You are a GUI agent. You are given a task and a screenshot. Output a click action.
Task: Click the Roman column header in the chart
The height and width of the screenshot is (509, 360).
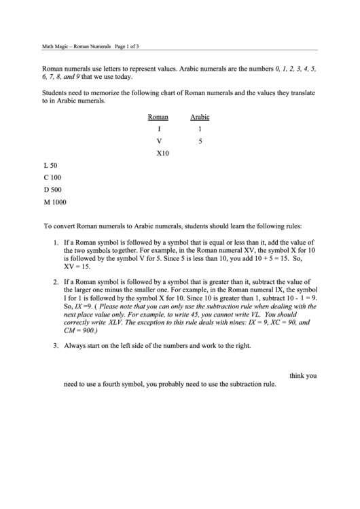point(158,117)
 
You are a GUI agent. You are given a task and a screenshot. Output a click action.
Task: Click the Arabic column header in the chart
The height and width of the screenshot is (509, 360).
point(200,117)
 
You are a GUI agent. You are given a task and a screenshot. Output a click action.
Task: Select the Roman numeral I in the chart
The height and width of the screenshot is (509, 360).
point(159,129)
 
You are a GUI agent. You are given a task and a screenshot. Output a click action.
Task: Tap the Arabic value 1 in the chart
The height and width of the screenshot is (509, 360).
point(200,129)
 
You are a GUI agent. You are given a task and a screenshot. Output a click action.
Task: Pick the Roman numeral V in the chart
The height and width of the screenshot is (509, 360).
point(159,141)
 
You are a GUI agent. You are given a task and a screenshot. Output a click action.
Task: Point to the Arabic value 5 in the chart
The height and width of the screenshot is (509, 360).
point(200,141)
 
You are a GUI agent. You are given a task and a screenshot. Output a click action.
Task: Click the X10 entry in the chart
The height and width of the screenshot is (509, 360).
point(162,154)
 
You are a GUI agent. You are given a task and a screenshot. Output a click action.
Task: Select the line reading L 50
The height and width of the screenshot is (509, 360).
point(50,166)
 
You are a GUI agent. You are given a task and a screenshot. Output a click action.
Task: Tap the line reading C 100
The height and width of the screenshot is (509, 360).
point(52,178)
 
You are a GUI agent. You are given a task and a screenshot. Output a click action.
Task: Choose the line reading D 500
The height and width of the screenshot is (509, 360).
point(52,190)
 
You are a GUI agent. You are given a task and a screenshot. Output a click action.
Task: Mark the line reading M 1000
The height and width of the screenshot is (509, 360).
point(54,202)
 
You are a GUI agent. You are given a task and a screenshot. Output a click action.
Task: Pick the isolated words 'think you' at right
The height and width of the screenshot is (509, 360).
point(303,375)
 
